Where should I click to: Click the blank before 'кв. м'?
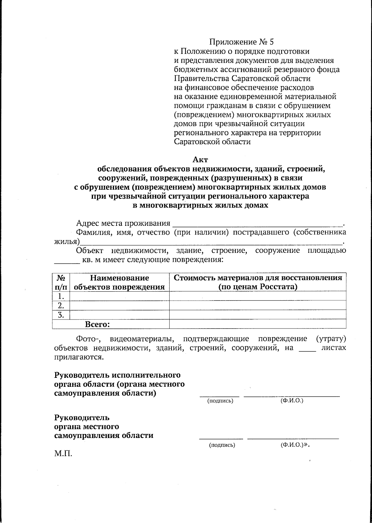click(67, 260)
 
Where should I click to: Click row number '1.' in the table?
click(61, 296)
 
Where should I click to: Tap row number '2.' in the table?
click(61, 306)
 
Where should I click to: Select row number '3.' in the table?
click(61, 315)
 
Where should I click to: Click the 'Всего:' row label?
click(97, 324)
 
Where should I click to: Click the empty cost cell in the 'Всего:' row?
click(258, 324)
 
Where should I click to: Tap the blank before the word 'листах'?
click(307, 348)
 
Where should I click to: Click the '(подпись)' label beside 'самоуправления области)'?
click(220, 401)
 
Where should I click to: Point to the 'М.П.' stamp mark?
click(63, 455)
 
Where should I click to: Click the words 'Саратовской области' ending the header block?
click(212, 142)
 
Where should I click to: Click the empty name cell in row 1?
click(119, 296)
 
